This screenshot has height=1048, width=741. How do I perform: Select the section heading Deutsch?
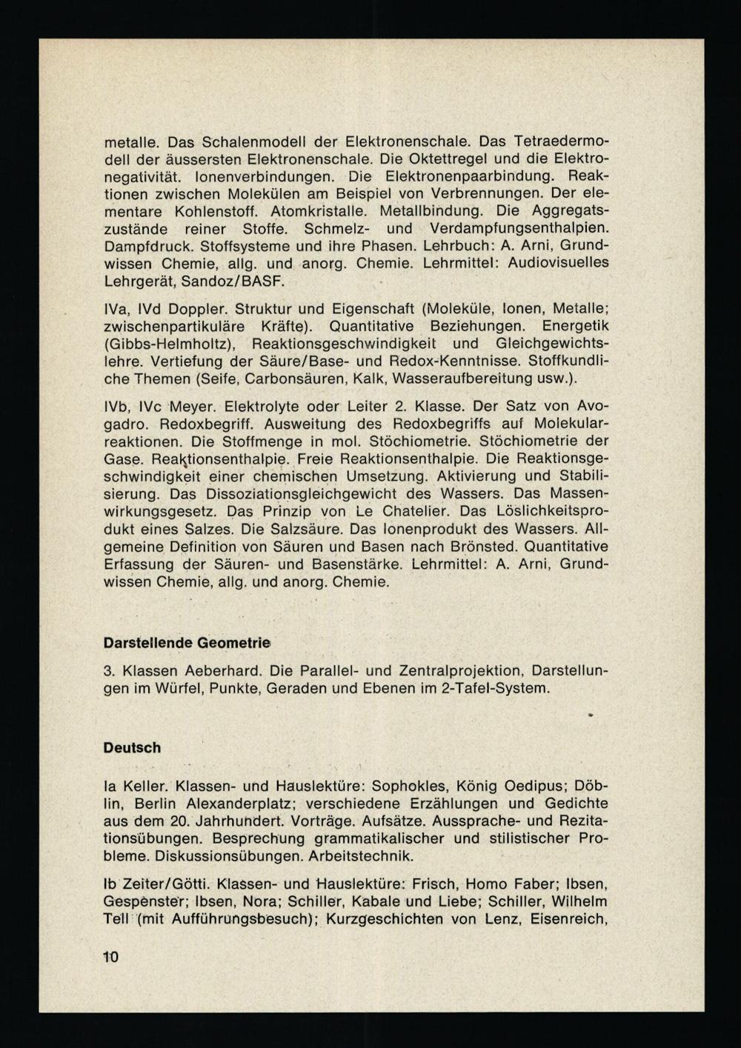[x=132, y=748]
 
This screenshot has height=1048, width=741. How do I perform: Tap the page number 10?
[x=110, y=957]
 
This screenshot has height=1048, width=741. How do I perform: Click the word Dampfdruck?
[x=146, y=246]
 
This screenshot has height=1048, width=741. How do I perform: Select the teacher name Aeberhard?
[x=223, y=671]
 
